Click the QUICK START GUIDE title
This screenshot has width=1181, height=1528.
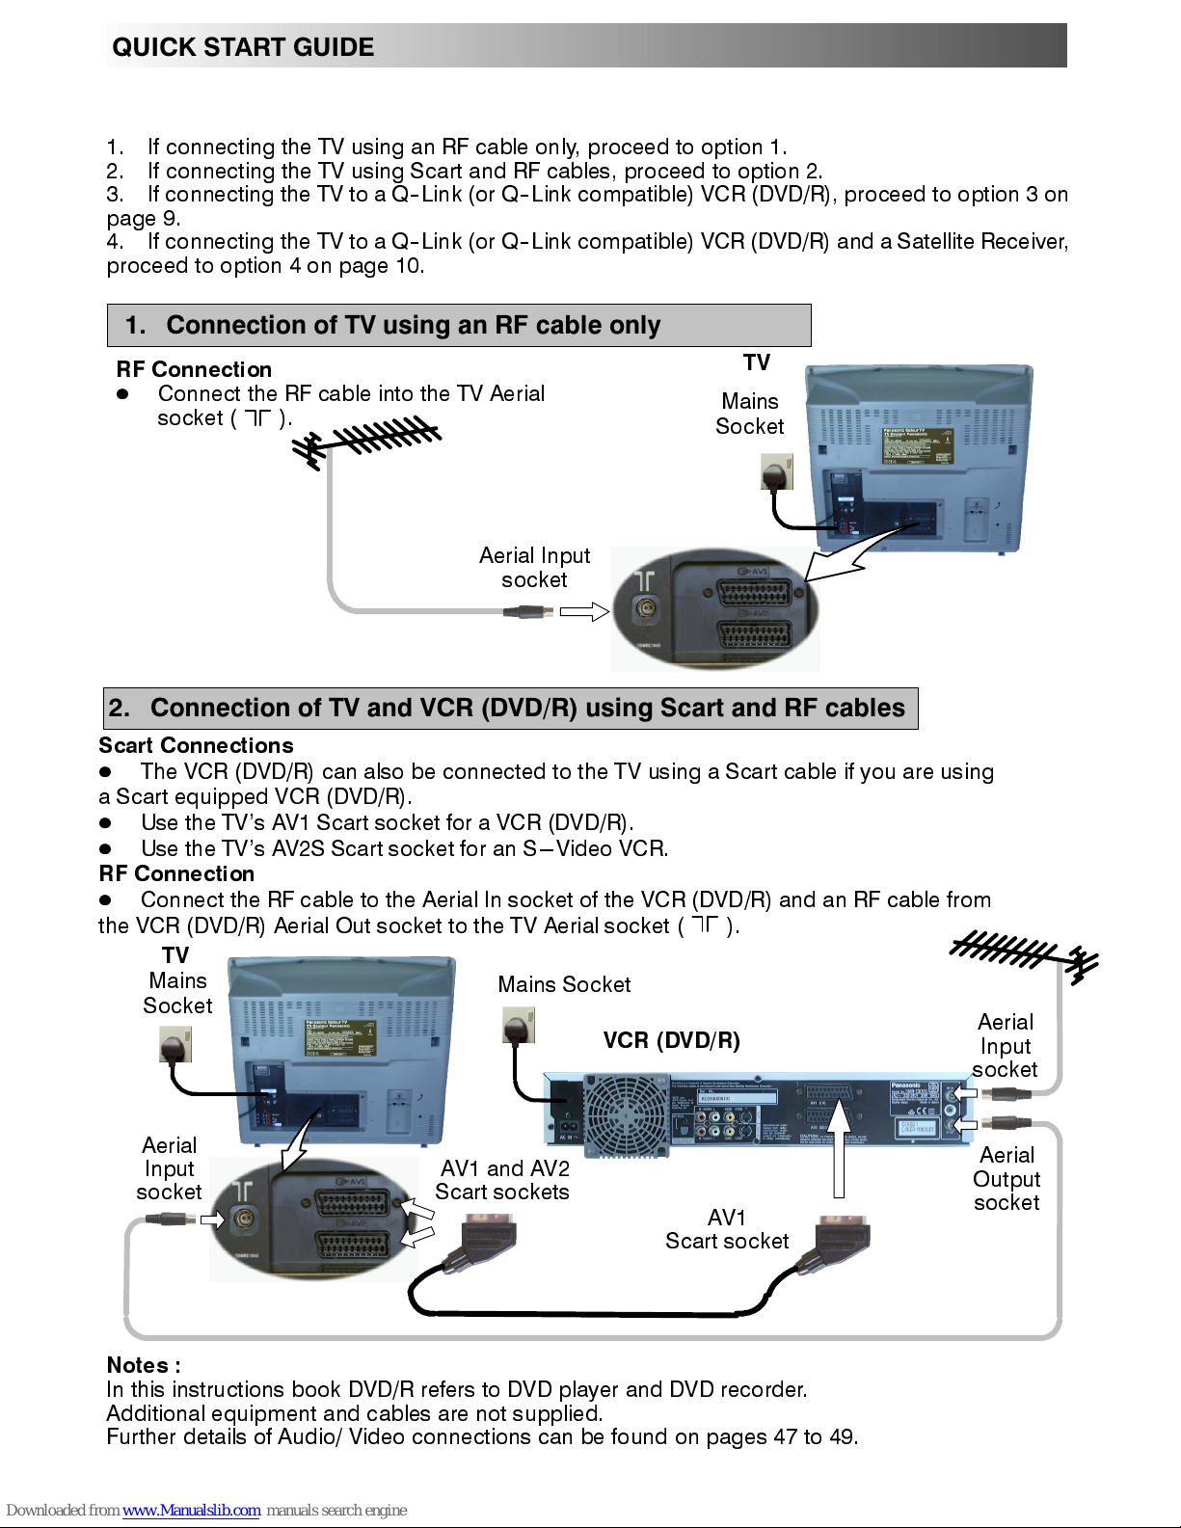click(x=243, y=47)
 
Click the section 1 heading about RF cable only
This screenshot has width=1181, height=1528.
click(x=413, y=326)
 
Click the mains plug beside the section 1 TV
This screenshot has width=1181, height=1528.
click(x=776, y=474)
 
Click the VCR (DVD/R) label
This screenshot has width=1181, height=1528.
click(x=671, y=1041)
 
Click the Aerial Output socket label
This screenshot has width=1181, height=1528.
click(x=1007, y=1179)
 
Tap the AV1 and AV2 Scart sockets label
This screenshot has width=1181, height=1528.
click(x=502, y=1180)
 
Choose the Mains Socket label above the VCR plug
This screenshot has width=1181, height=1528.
click(x=564, y=984)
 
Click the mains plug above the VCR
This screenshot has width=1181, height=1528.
click(x=519, y=1027)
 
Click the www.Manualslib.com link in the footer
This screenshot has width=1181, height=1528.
click(x=191, y=1510)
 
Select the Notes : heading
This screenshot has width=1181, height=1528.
click(x=144, y=1365)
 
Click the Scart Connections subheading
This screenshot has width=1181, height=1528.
click(x=196, y=745)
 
